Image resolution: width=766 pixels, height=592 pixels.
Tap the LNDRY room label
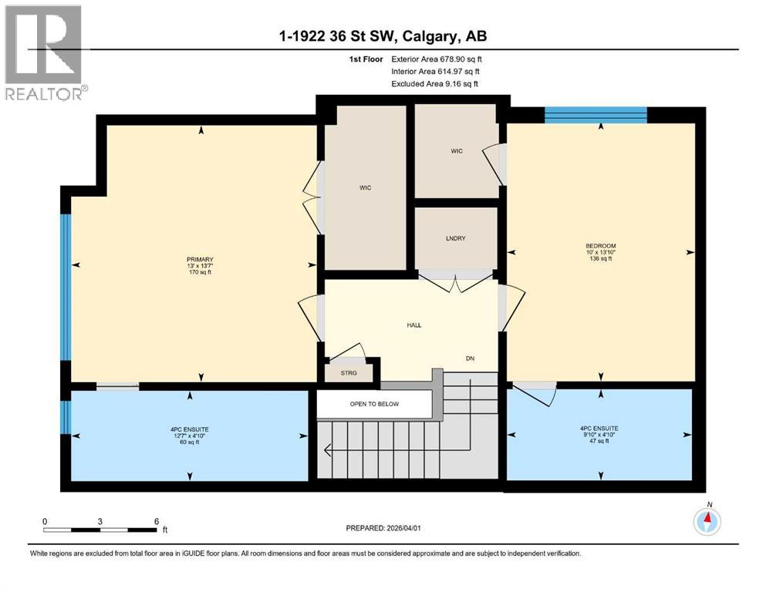(x=456, y=238)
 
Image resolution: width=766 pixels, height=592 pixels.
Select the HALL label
(x=414, y=325)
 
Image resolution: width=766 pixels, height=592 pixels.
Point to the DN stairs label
(x=470, y=358)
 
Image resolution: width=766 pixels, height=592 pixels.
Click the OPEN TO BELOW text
(x=374, y=404)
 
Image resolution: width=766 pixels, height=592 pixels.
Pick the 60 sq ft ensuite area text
(x=190, y=442)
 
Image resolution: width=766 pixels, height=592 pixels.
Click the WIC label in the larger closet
(x=365, y=187)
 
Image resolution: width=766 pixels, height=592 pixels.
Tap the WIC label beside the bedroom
(x=457, y=151)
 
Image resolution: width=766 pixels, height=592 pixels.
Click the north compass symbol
(x=707, y=522)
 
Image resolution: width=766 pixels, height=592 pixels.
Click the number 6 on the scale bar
(x=157, y=521)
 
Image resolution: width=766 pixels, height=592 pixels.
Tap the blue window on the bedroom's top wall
(x=596, y=115)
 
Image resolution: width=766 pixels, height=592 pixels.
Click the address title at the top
(x=382, y=35)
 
